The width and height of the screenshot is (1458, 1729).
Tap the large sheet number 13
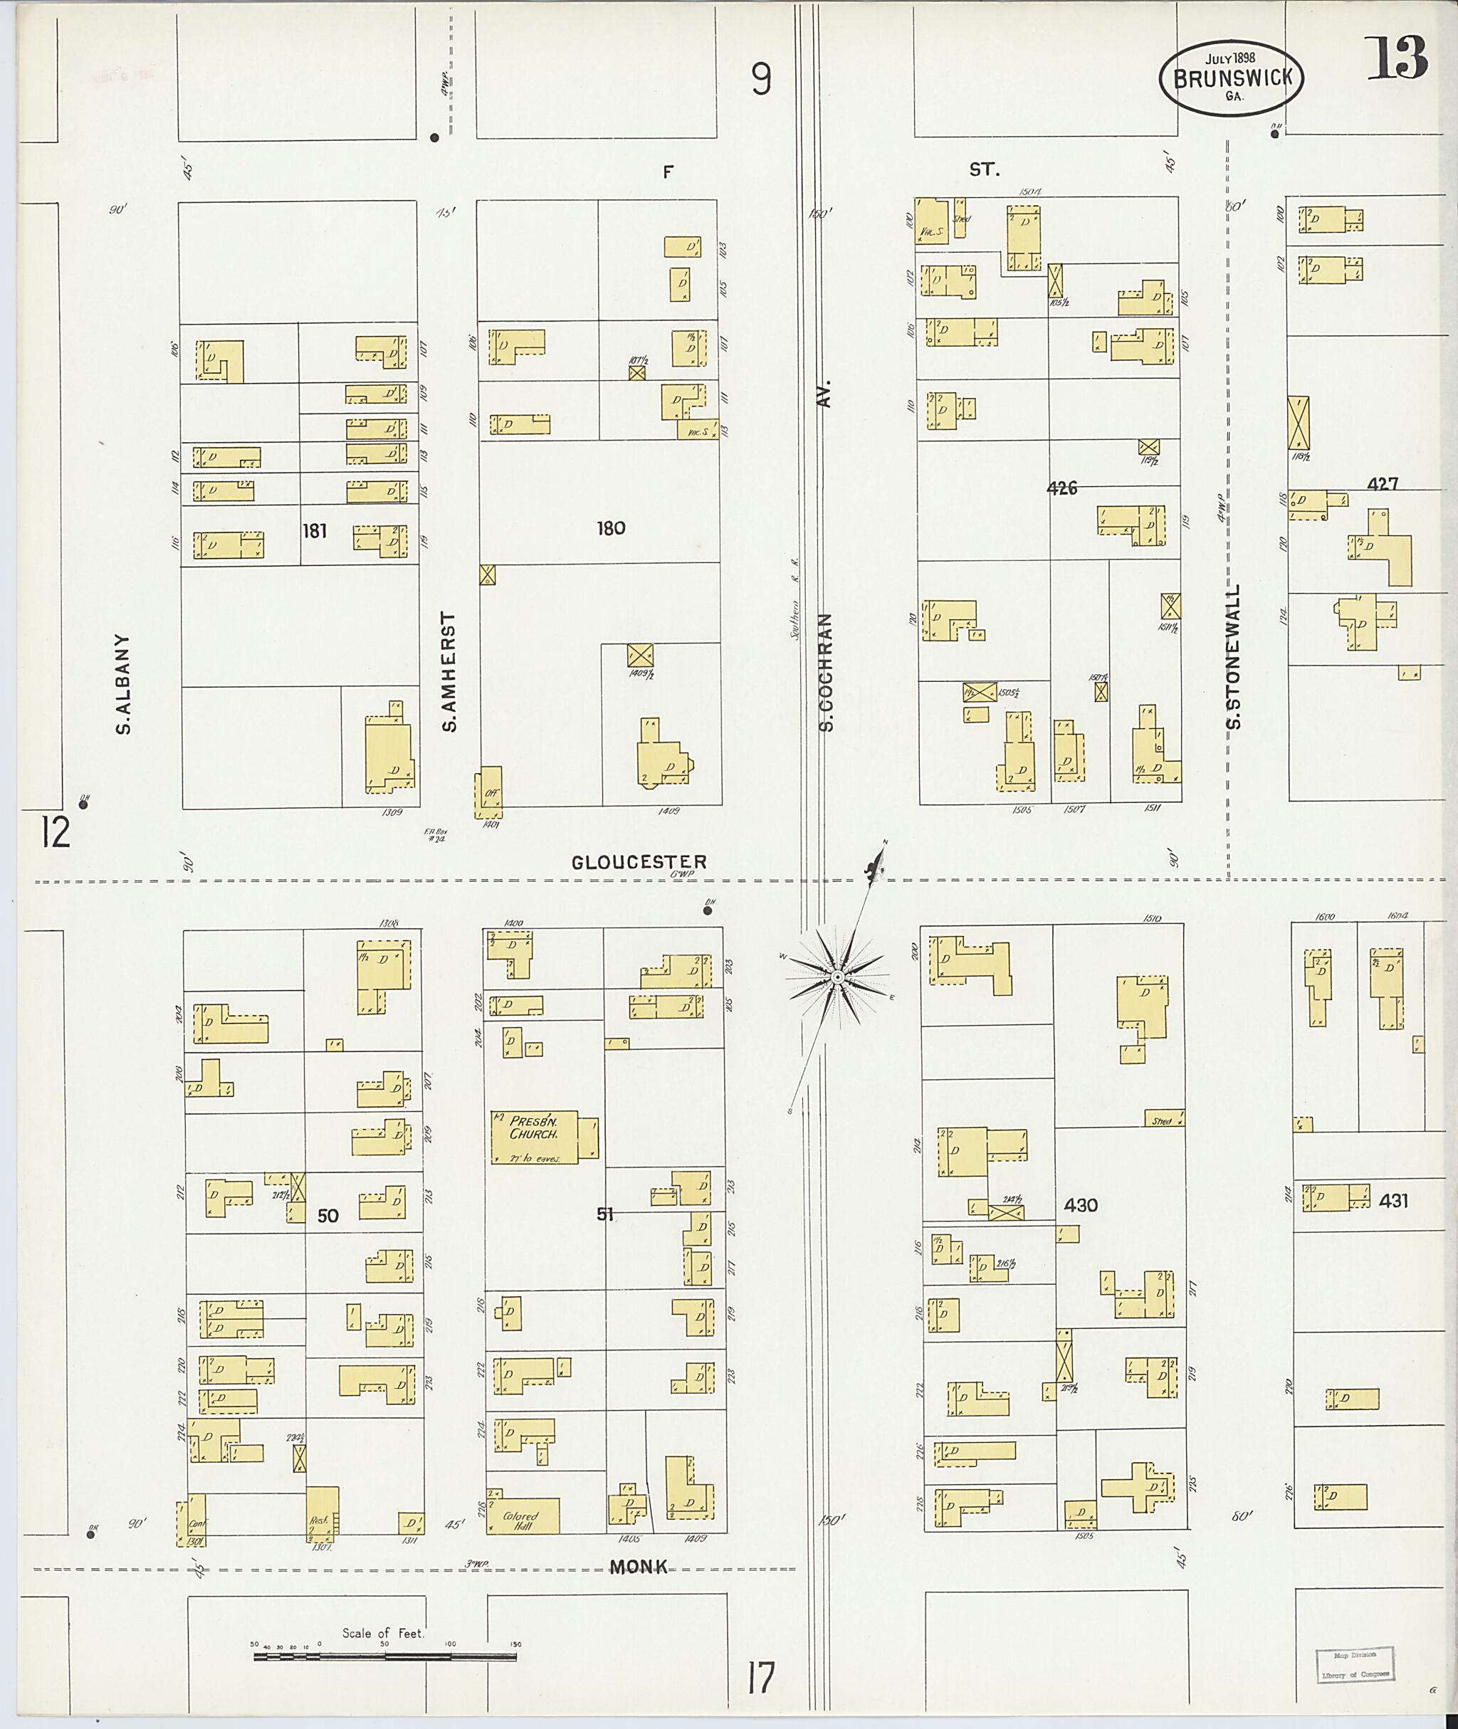pos(1396,57)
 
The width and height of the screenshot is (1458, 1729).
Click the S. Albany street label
pos(123,683)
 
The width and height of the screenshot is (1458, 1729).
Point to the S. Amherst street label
pos(449,671)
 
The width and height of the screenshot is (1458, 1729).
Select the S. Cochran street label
pos(826,671)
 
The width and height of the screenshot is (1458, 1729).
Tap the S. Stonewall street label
pos(1234,657)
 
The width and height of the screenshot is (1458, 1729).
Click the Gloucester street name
pos(639,862)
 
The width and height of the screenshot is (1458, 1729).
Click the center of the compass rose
pos(837,977)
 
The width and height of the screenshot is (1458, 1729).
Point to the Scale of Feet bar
pos(384,1656)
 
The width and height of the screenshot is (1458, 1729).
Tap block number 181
pos(314,530)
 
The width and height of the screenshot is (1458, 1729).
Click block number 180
pos(611,527)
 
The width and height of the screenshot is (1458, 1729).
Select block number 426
pos(1061,488)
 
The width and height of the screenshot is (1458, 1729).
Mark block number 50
pos(328,1216)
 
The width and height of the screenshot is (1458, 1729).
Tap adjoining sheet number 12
pos(56,832)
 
